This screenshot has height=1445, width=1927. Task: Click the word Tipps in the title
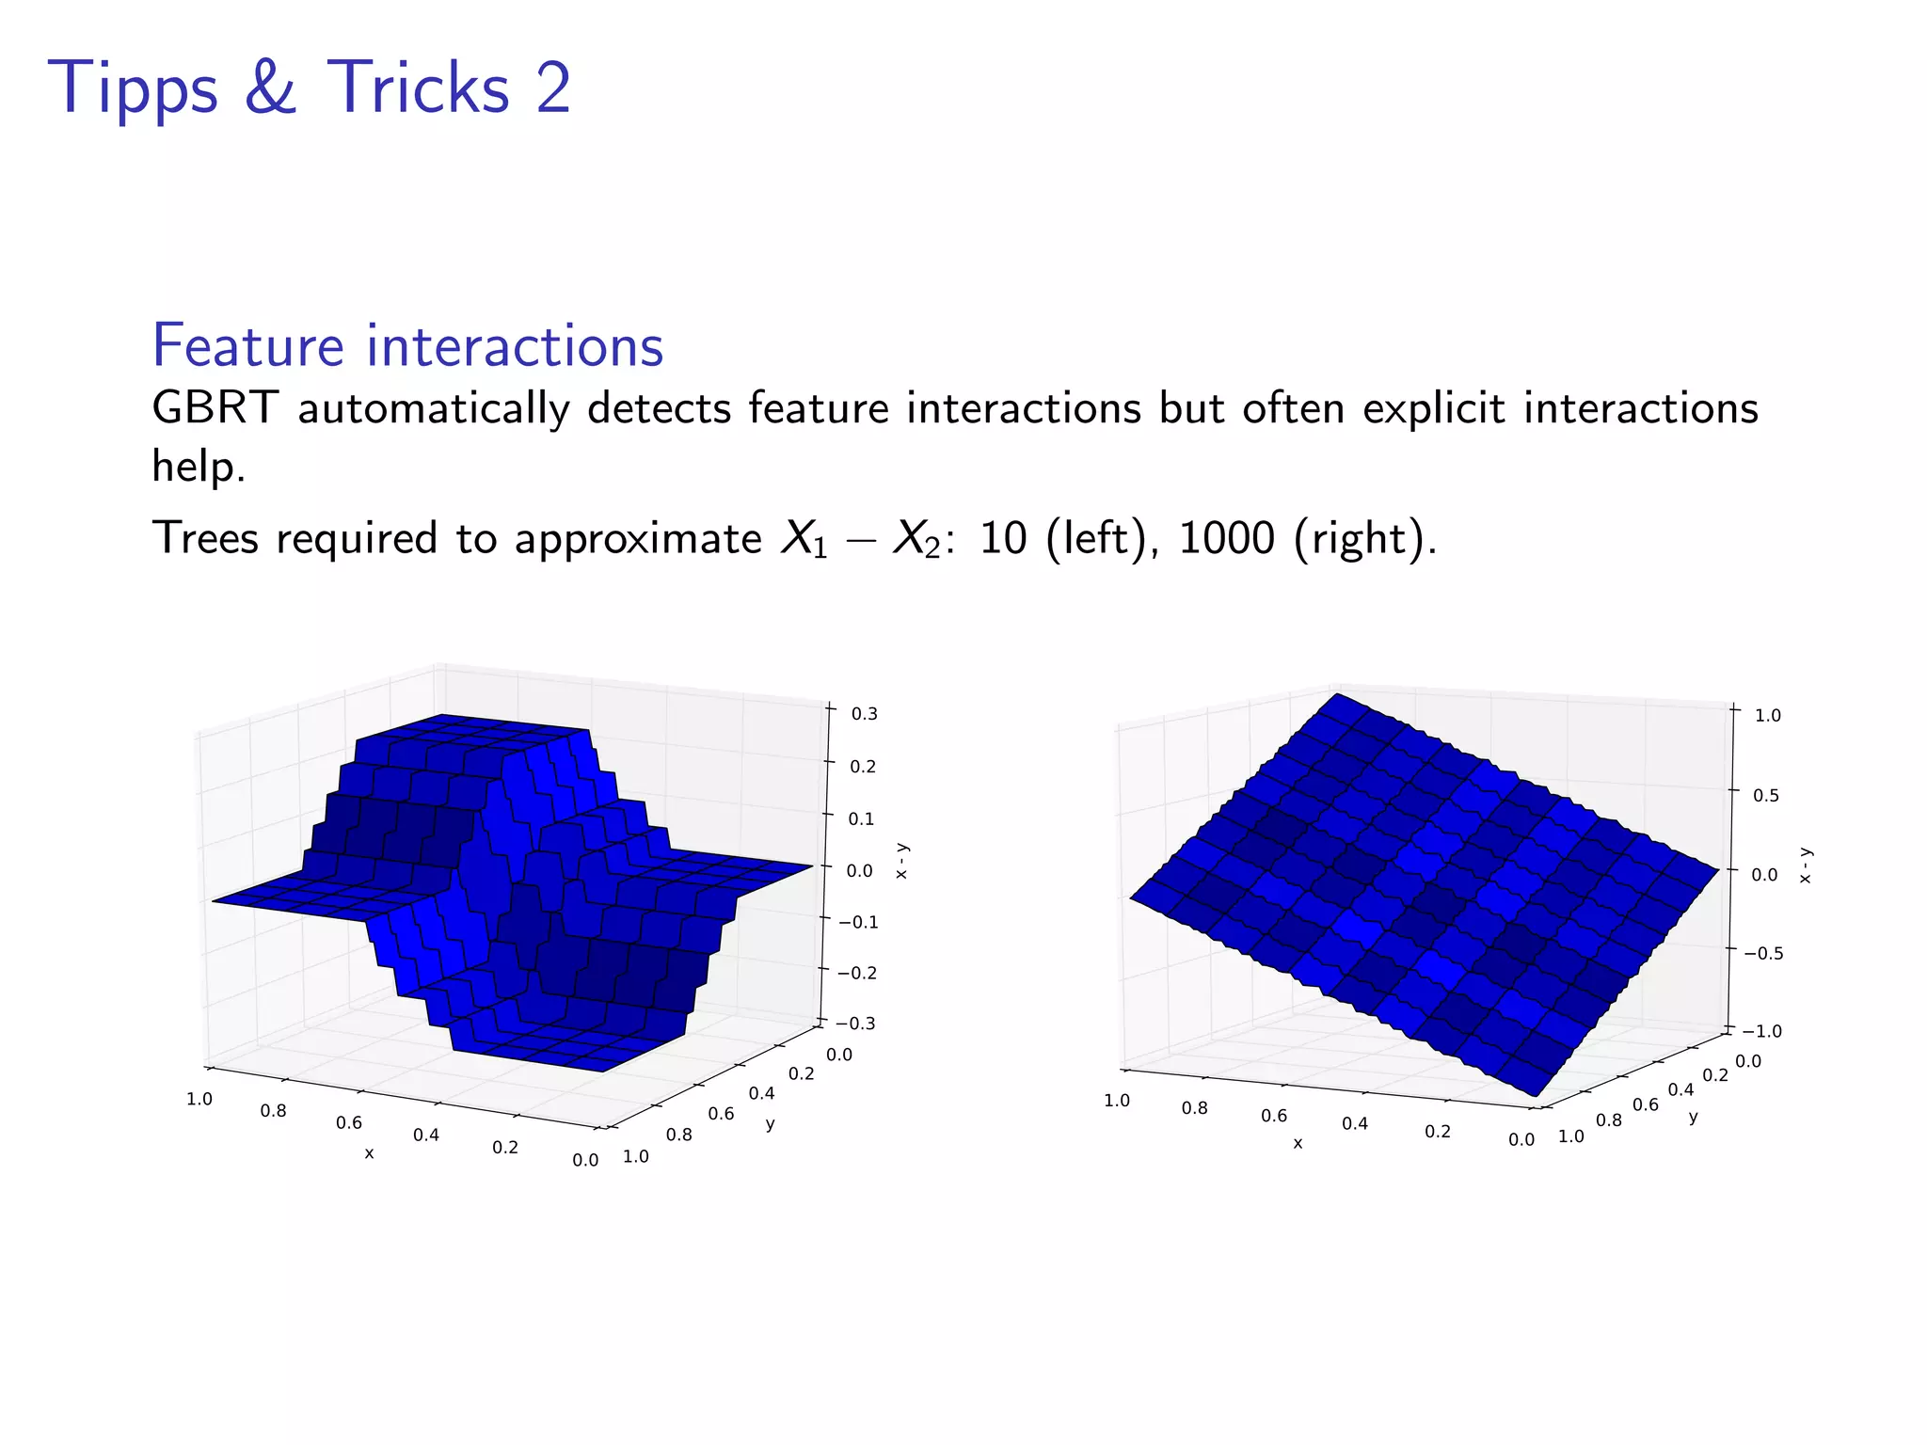point(132,89)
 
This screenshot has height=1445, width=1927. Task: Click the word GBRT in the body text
point(215,409)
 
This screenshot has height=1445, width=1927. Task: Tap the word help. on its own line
point(198,466)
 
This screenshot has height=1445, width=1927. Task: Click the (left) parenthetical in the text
point(1094,539)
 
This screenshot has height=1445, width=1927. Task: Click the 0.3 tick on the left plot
point(864,714)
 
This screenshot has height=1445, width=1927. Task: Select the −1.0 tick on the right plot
point(1761,1031)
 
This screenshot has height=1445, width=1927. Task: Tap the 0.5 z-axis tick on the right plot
point(1766,795)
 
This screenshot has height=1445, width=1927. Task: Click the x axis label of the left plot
point(369,1153)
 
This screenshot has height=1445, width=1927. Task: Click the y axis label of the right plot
point(1693,1118)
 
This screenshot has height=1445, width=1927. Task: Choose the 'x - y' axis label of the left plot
point(901,861)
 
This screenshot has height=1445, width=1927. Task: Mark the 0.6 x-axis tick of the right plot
point(1274,1116)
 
